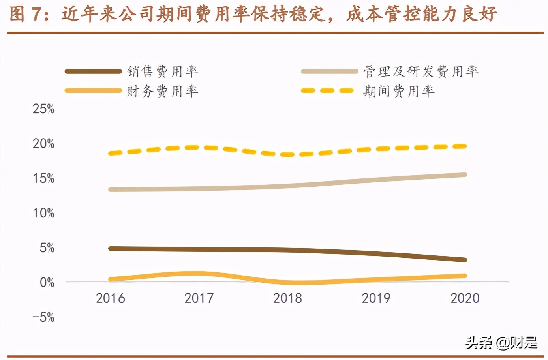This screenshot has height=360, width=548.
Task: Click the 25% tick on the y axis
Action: click(43, 109)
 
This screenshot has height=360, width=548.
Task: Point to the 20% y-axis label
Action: click(43, 143)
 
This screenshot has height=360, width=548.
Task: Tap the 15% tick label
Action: click(43, 178)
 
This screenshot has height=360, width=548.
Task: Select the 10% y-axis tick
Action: click(43, 213)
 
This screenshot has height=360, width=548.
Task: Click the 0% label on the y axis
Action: click(47, 282)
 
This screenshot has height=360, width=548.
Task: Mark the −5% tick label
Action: click(43, 317)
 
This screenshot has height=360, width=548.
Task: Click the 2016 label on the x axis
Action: click(111, 298)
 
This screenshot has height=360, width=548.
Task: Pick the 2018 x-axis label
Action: click(287, 298)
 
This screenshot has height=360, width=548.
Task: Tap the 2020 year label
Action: click(465, 298)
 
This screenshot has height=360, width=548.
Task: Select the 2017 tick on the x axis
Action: click(199, 298)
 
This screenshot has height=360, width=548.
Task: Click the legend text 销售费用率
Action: click(162, 71)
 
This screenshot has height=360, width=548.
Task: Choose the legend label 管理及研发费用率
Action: click(421, 71)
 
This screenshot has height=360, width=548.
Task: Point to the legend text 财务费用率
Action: click(162, 91)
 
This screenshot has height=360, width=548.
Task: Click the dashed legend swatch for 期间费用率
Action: click(327, 91)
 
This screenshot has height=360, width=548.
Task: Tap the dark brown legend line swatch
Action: click(93, 71)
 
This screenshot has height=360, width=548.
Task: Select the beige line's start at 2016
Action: click(111, 189)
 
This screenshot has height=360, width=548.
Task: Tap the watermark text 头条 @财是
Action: click(501, 343)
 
